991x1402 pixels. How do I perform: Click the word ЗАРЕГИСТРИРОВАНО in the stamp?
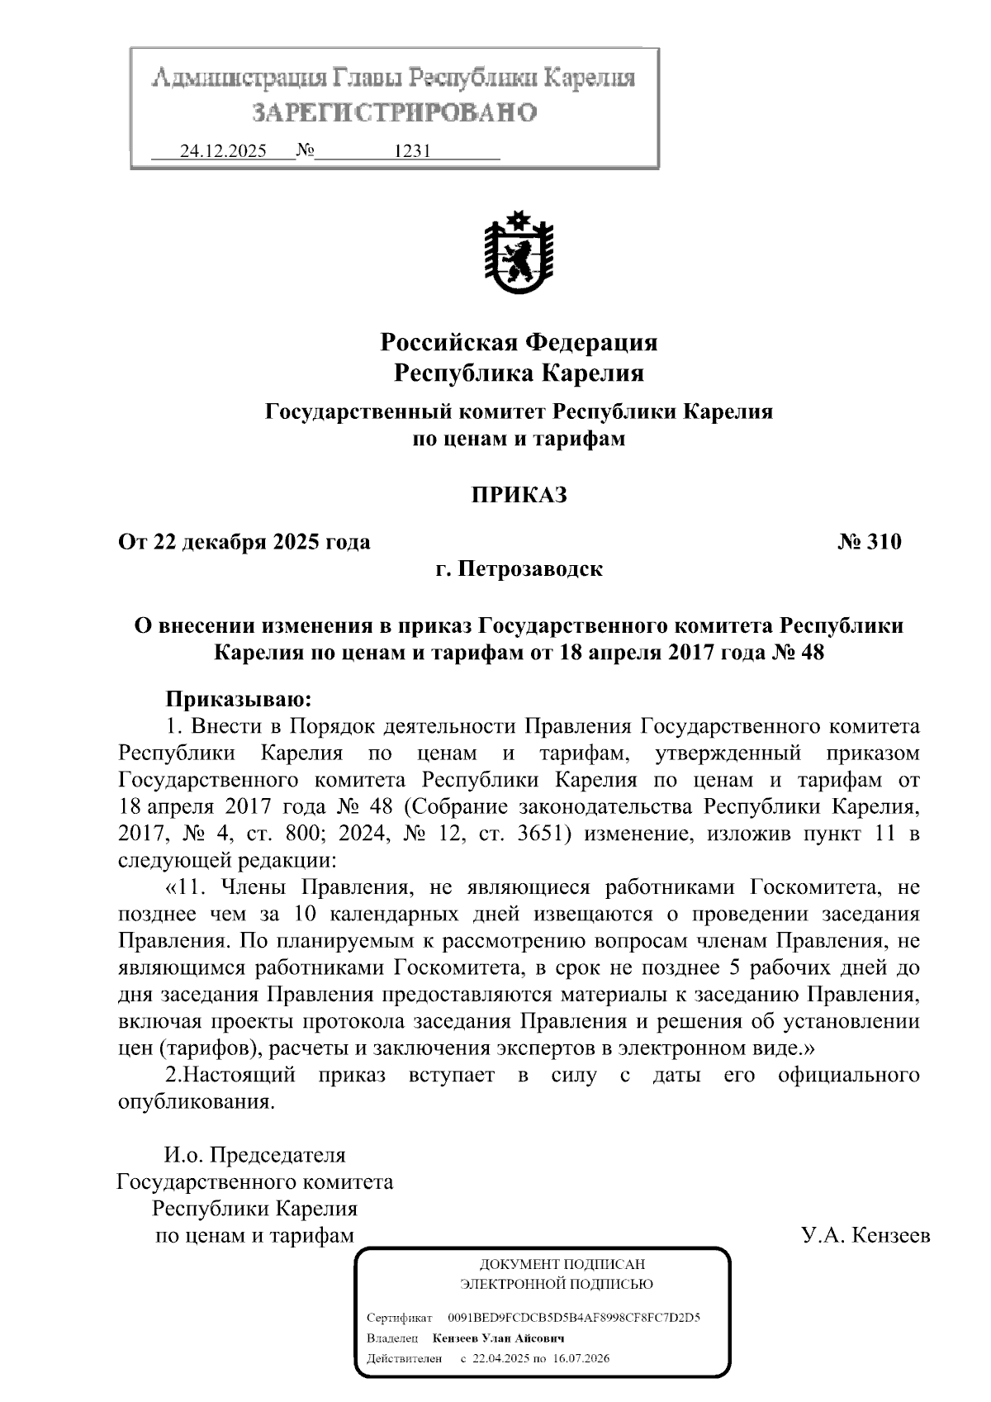point(394,112)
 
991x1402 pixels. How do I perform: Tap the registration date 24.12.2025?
point(223,151)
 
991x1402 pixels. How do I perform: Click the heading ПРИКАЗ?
point(519,496)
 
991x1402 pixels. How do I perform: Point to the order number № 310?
point(870,543)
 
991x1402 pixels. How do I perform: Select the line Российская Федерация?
point(519,341)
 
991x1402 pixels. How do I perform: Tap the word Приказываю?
point(239,700)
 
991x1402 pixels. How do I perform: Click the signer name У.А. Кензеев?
point(865,1236)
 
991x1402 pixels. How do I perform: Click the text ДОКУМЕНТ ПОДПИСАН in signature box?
point(562,1265)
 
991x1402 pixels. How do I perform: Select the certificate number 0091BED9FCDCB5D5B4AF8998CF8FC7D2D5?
point(573,1318)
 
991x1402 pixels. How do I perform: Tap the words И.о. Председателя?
point(254,1155)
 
